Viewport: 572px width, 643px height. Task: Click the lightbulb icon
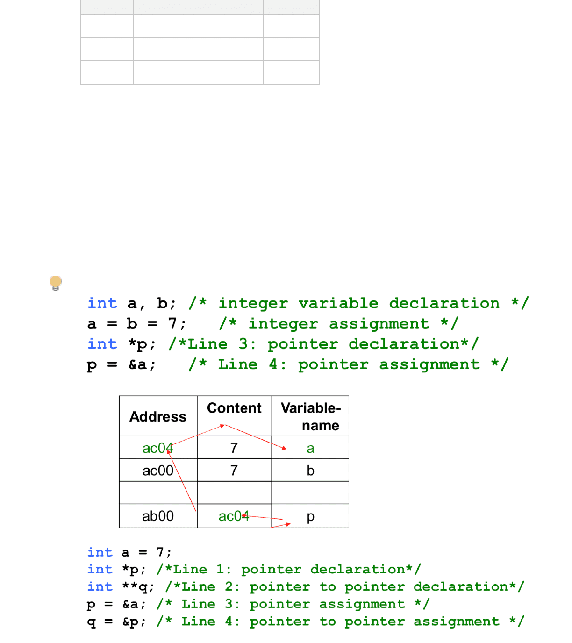point(56,283)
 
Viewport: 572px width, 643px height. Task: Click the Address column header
point(158,416)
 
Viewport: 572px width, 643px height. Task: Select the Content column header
point(234,408)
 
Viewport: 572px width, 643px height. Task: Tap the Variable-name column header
point(311,416)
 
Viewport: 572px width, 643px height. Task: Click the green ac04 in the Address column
point(157,448)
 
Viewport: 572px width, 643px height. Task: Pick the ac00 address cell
point(157,471)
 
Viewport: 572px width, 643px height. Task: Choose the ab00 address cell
point(157,516)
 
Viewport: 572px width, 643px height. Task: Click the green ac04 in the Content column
point(234,516)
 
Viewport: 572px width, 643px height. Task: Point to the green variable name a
point(310,448)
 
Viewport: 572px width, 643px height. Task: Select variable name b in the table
point(310,471)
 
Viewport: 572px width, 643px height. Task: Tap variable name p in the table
point(310,516)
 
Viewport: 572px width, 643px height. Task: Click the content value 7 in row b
point(234,471)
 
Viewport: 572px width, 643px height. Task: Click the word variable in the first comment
point(338,303)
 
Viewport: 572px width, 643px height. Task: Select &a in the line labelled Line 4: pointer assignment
point(138,364)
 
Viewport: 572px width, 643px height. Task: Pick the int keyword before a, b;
point(102,303)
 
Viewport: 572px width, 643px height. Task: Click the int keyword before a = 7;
point(100,552)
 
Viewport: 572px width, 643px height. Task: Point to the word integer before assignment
point(283,324)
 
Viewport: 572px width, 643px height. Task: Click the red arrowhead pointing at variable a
point(284,448)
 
